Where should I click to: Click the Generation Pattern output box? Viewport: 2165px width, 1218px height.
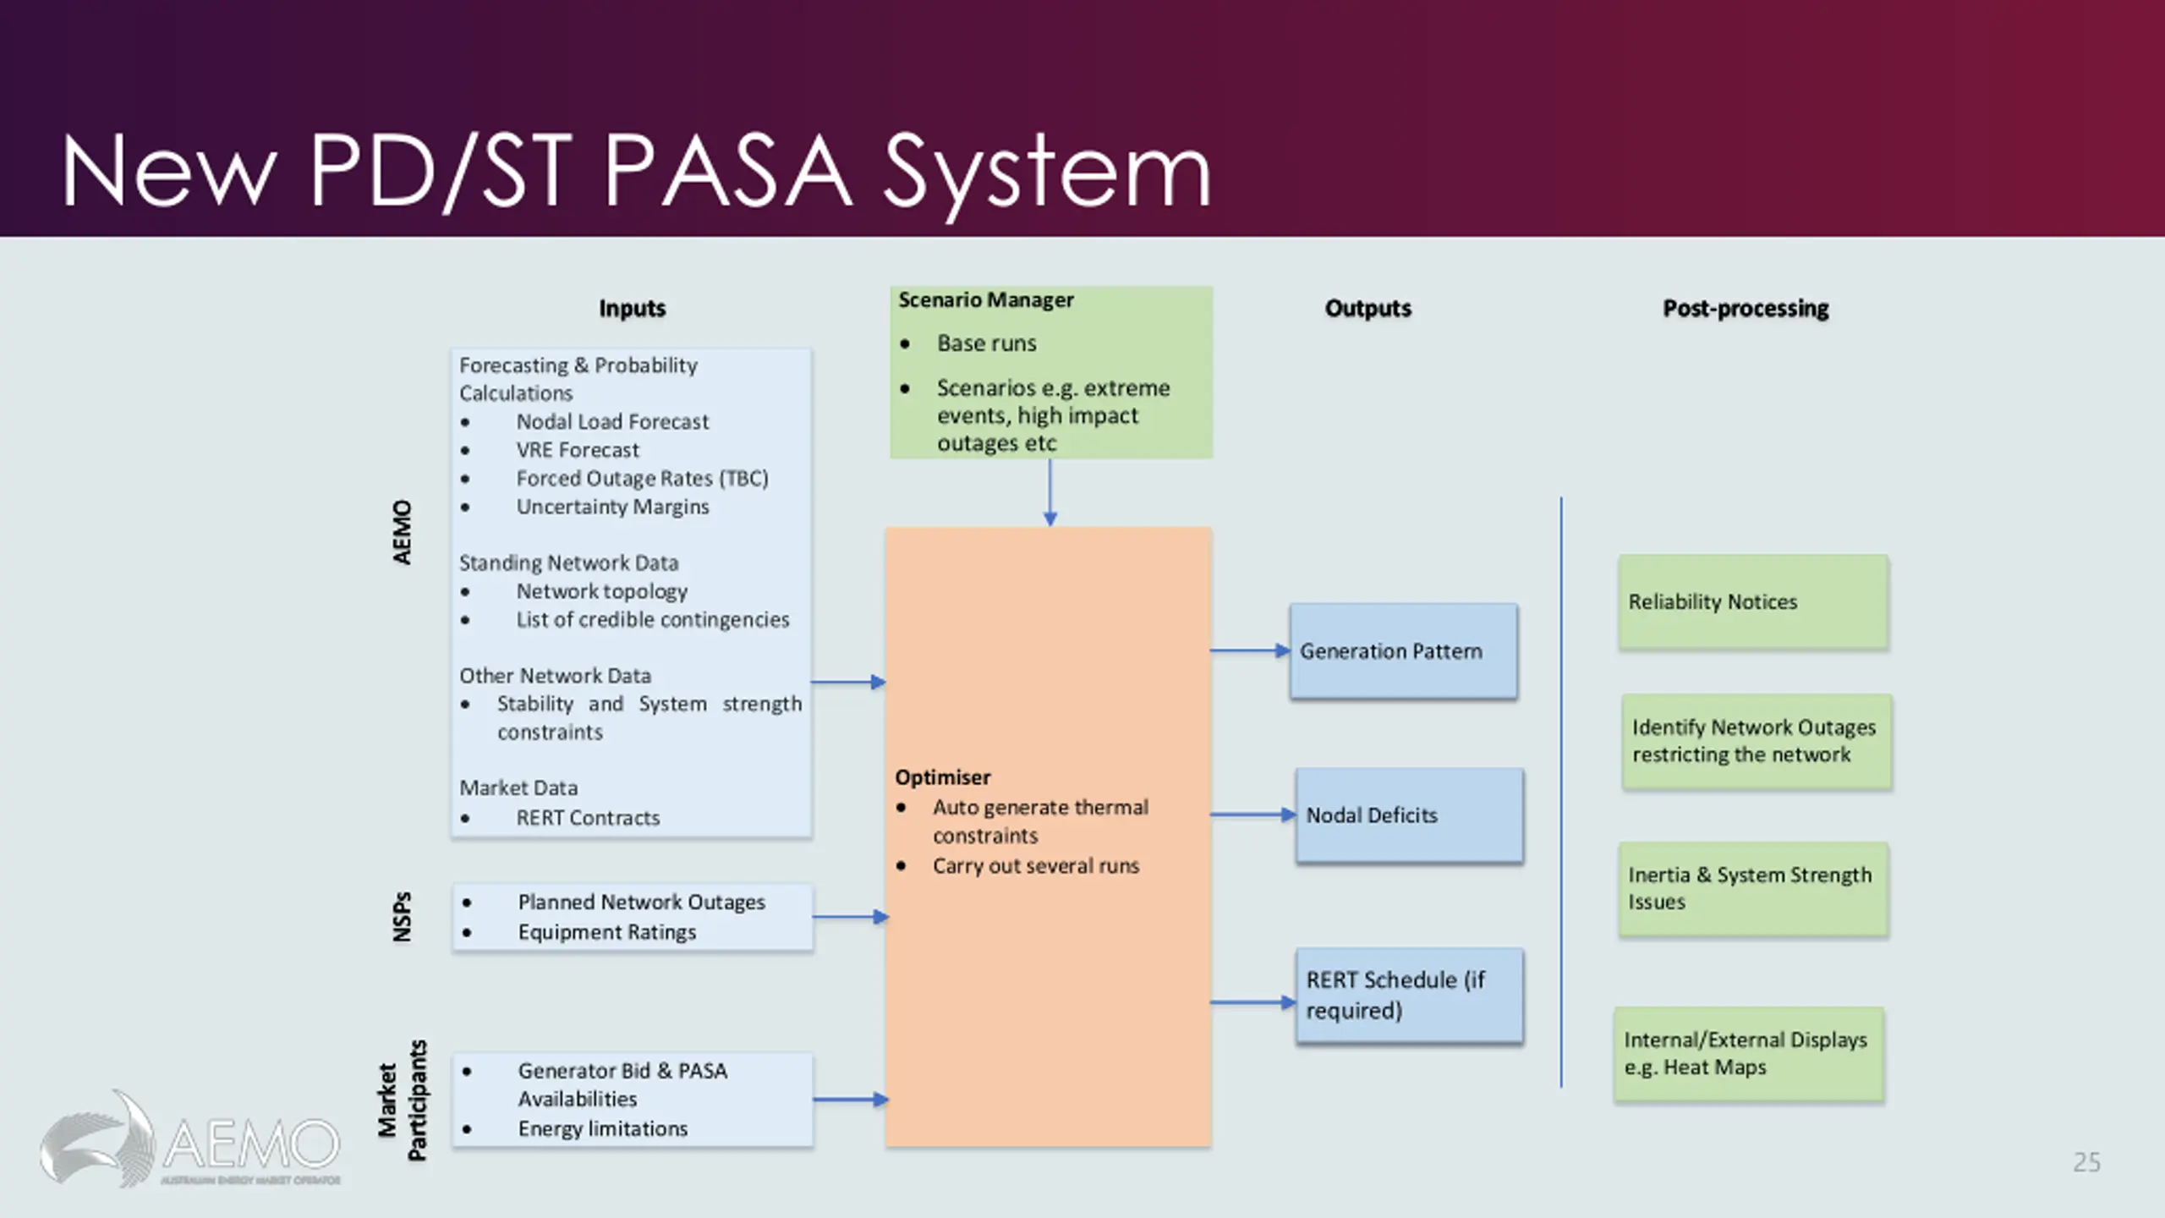pos(1404,650)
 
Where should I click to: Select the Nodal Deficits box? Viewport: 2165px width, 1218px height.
pos(1409,815)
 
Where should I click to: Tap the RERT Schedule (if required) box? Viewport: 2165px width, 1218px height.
pos(1409,996)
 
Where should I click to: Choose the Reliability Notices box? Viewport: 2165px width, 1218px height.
pos(1753,601)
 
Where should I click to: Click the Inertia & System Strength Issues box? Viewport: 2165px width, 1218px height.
pos(1753,889)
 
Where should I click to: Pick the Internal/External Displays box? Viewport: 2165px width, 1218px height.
pos(1749,1054)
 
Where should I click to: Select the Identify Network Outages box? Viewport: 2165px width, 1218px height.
pos(1757,742)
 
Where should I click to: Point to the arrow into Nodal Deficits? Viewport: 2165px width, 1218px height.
pos(1253,815)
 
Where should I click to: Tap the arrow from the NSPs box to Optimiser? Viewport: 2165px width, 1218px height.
pos(851,916)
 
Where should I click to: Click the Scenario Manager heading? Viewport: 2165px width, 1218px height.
pos(986,300)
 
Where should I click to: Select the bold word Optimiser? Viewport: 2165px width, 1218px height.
pos(943,777)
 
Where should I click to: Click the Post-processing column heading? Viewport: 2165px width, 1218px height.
pos(1746,309)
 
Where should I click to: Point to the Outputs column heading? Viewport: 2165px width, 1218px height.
pos(1368,309)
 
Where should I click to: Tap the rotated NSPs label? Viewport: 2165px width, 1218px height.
pos(403,917)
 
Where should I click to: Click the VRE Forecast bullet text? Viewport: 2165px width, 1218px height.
pos(578,450)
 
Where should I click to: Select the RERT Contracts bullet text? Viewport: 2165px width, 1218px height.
pos(588,818)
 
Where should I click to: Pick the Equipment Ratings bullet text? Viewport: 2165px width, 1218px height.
pos(607,932)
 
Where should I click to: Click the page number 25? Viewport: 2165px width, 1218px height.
pos(2086,1162)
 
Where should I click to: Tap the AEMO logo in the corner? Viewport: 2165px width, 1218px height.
pos(189,1139)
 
